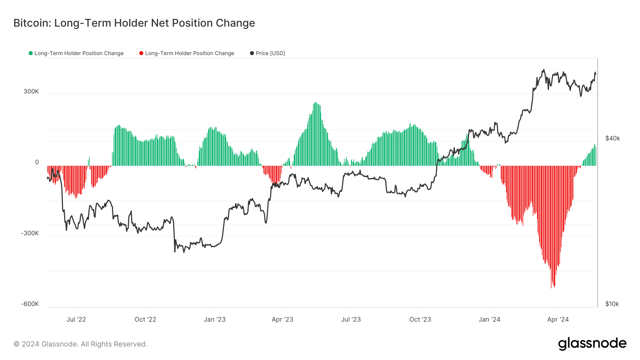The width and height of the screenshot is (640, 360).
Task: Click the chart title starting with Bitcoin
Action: (134, 23)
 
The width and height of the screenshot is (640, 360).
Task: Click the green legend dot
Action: (31, 53)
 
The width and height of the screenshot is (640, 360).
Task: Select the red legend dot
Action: (141, 53)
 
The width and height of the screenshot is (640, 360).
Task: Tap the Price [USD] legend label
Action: (270, 53)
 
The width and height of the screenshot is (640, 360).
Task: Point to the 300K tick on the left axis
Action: (31, 91)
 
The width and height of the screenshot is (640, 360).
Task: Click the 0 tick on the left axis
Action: (37, 162)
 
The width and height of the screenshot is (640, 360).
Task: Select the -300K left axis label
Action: (30, 233)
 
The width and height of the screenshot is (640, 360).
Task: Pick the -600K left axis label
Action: (30, 304)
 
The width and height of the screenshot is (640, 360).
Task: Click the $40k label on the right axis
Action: (613, 138)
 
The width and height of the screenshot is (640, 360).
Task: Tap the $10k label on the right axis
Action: (612, 304)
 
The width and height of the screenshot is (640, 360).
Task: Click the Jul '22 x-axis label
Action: (76, 319)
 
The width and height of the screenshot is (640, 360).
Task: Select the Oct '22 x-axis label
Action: (145, 319)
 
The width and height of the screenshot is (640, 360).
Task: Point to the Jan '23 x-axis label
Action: (214, 319)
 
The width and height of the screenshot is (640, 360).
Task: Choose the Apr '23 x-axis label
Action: (282, 319)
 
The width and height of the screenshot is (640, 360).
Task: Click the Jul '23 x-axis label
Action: (351, 319)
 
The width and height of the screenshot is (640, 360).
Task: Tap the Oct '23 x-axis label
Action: (420, 319)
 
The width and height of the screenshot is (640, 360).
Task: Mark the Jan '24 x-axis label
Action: (489, 319)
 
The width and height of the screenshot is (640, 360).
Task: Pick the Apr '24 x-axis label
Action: (558, 319)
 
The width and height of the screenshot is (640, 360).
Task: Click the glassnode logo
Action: (592, 344)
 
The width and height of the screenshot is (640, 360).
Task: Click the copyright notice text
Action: (80, 344)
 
